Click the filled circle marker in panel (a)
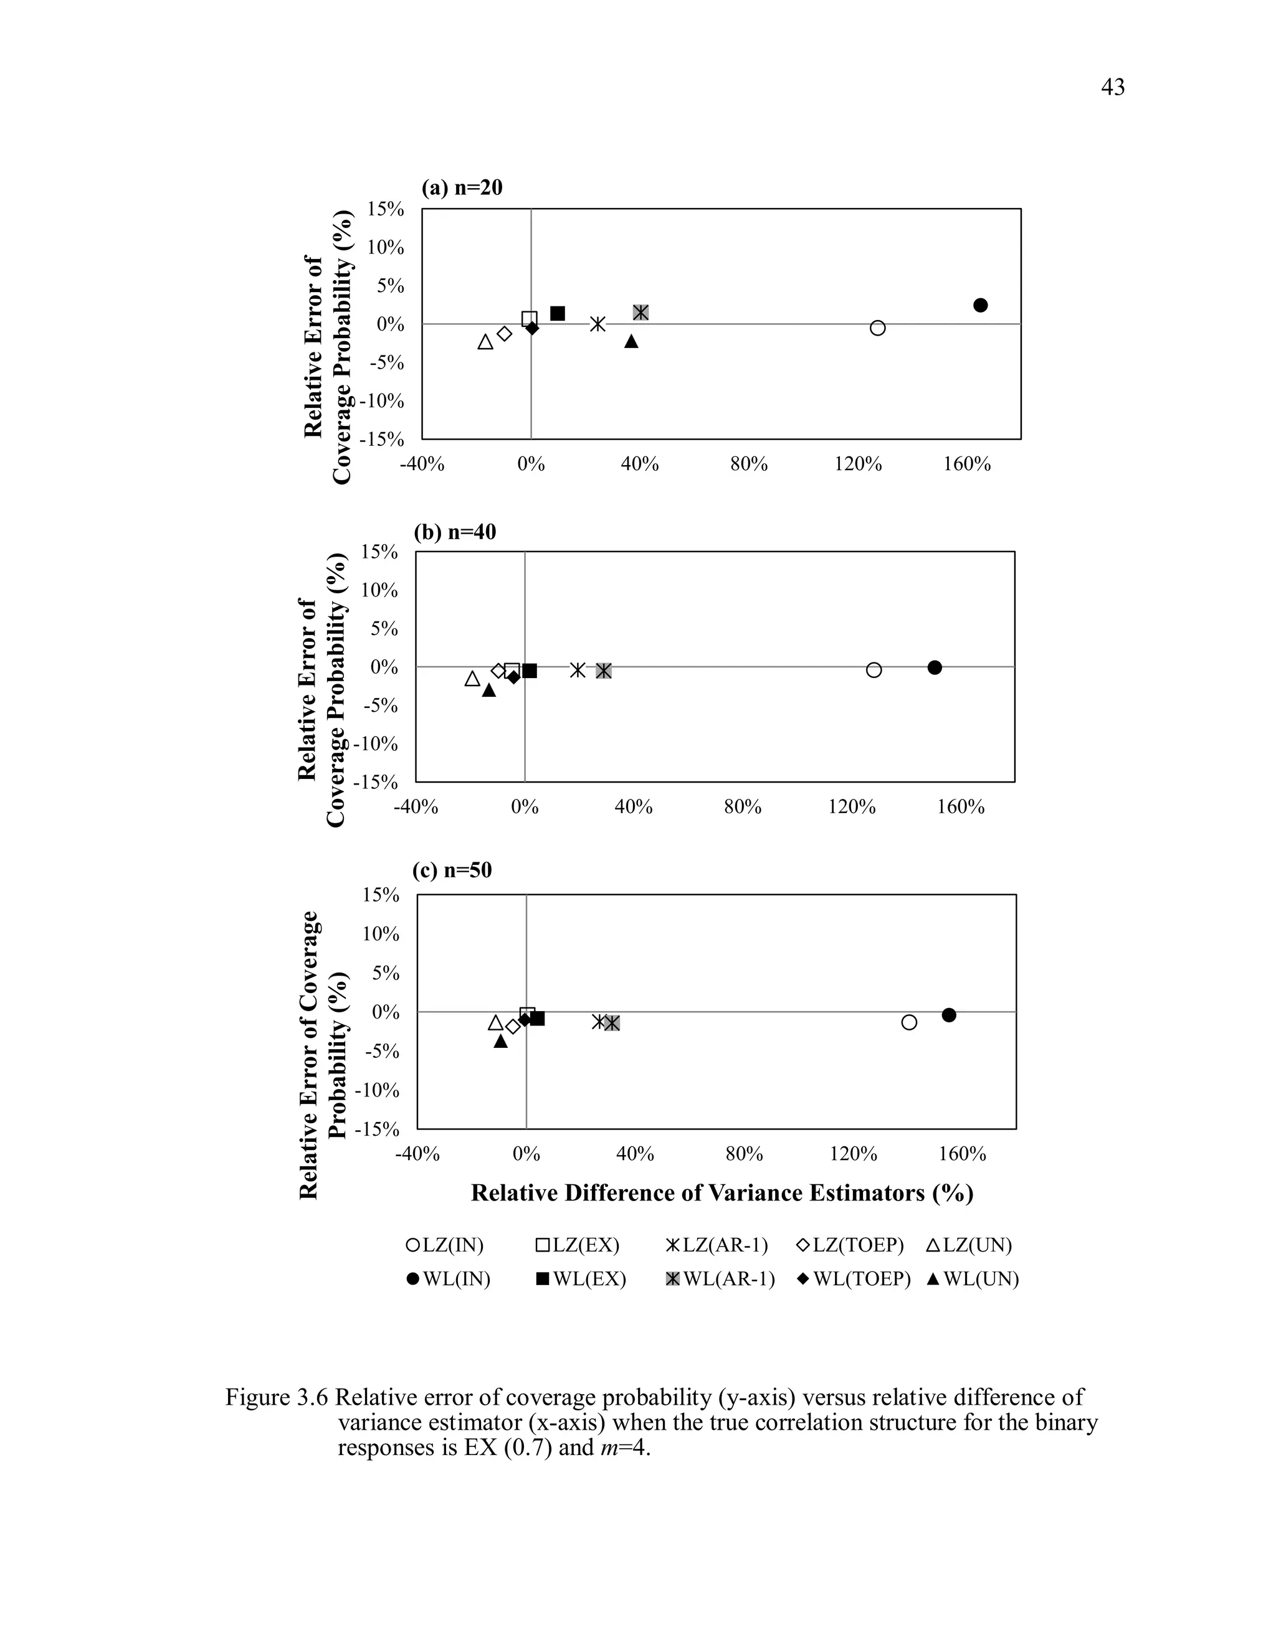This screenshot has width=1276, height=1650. click(981, 305)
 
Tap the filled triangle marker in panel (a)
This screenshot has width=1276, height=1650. click(631, 341)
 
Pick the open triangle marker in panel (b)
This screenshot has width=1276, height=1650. click(472, 679)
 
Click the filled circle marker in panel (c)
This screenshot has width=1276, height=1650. click(949, 1015)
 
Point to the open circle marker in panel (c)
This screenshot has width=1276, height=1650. click(910, 1022)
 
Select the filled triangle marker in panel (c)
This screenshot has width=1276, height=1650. click(500, 1041)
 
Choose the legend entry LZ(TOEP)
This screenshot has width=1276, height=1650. click(850, 1245)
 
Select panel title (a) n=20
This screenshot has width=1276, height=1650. click(462, 187)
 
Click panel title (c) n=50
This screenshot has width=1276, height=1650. click(452, 870)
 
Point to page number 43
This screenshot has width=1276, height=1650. click(1113, 88)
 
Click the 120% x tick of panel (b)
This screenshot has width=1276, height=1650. click(851, 807)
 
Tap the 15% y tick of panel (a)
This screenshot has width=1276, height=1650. click(386, 209)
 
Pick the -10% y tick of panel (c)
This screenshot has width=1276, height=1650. click(376, 1090)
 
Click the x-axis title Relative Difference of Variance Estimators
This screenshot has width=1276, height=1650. click(722, 1193)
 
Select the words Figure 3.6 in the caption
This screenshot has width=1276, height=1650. click(276, 1398)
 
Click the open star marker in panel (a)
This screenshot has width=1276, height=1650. click(597, 324)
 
